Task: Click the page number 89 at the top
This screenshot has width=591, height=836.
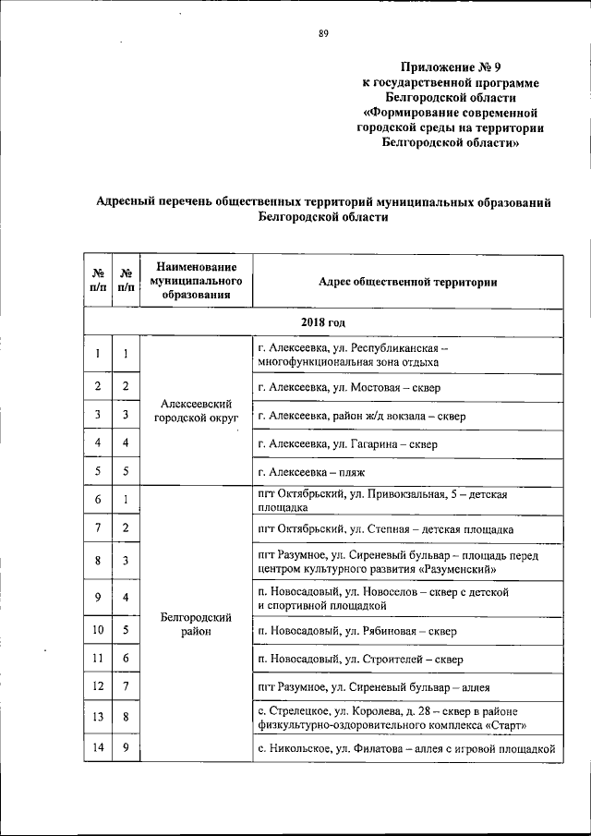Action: coord(324,34)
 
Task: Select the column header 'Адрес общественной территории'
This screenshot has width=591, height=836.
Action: coord(407,282)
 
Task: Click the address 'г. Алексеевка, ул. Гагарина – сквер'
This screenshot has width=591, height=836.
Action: coord(348,443)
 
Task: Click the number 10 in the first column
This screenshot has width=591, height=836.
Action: coord(96,632)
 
